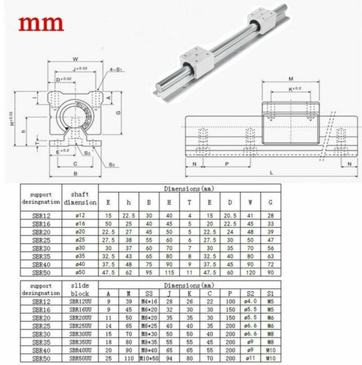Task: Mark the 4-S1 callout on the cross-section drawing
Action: (x=115, y=69)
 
